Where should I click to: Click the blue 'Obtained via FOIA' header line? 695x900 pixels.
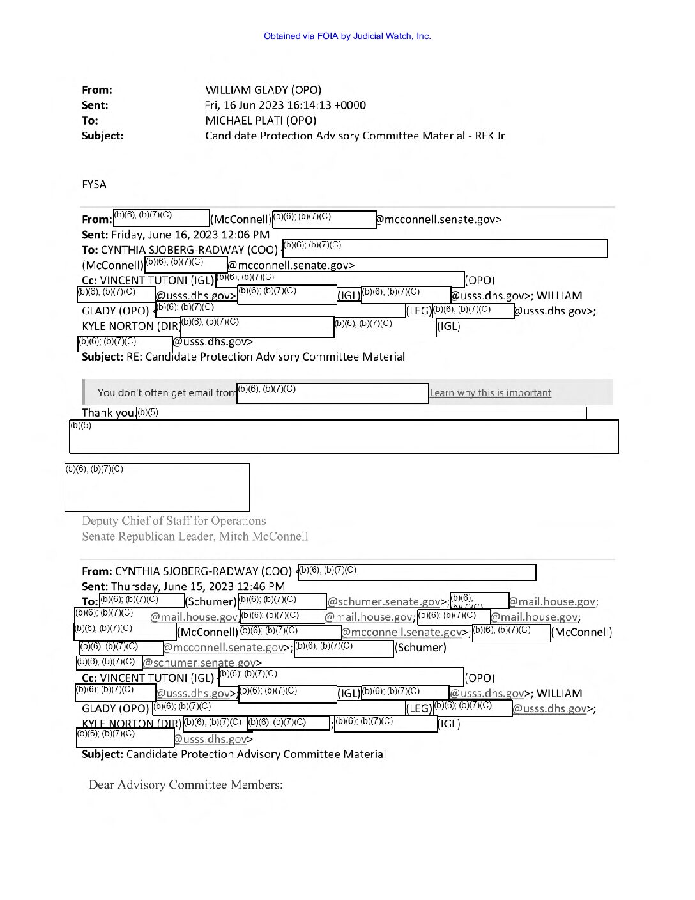coord(347,36)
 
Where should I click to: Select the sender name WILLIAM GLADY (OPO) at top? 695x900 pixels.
coord(263,90)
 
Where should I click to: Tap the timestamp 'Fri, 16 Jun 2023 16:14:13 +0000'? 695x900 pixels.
coord(285,105)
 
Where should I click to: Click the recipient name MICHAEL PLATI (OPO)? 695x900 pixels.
coord(261,121)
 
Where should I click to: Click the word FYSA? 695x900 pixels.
coord(94,185)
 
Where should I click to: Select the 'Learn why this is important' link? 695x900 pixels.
coord(490,393)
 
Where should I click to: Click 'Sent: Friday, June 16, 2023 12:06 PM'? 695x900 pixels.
coord(176,235)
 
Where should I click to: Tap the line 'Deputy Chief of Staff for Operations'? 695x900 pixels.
coord(174,521)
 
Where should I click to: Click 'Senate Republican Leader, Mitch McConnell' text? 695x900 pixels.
coord(195,536)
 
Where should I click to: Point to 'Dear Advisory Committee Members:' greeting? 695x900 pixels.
coord(185,785)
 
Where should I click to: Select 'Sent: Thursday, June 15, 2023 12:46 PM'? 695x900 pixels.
coord(183,586)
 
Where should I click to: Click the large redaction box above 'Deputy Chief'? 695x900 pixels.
coord(157,487)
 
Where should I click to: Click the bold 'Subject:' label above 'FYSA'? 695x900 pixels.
coord(102,136)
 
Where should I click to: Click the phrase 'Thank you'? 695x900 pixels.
coord(107,413)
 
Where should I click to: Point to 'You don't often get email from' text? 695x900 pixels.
coord(167,393)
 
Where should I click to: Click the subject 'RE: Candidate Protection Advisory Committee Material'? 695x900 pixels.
coord(265,357)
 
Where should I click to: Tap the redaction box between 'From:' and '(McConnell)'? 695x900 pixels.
coord(161,218)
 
